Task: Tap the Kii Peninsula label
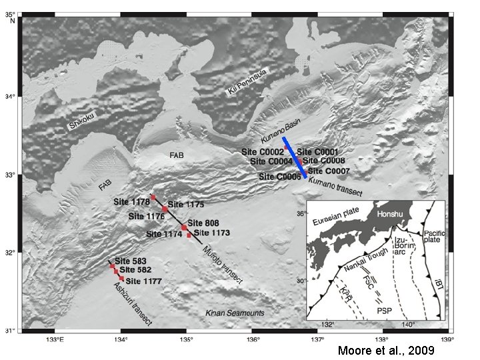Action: (x=247, y=81)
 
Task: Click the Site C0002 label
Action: (x=263, y=152)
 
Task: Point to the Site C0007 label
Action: (x=329, y=171)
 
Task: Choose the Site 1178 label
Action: (x=131, y=201)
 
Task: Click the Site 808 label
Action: (x=203, y=223)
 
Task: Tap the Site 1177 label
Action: (x=143, y=281)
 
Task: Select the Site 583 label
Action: (x=130, y=261)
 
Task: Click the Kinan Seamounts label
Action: (x=234, y=313)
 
